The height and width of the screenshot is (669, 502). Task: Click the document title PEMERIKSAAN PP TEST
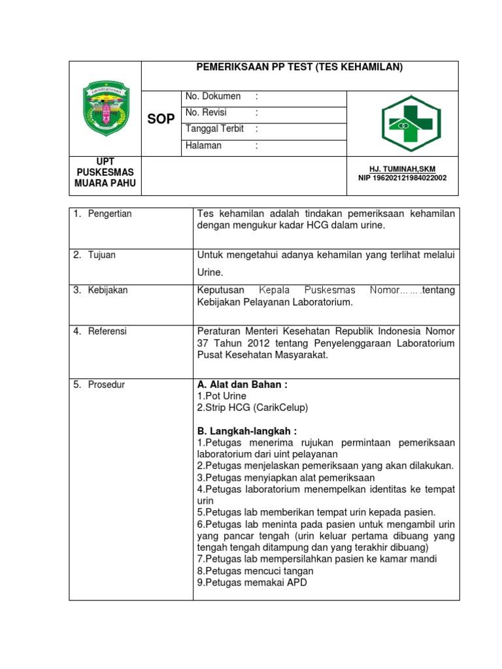click(300, 67)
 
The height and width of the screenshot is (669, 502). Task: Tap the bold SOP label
click(161, 119)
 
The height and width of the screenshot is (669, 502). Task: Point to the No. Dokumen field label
click(213, 97)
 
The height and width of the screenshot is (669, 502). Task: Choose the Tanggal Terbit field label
click(214, 129)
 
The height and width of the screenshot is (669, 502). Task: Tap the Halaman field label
click(203, 146)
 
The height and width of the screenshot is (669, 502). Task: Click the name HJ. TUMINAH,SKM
click(402, 169)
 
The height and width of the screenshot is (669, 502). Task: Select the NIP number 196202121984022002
click(402, 178)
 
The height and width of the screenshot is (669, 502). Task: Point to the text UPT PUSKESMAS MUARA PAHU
click(105, 172)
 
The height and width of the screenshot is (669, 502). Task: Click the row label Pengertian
click(110, 214)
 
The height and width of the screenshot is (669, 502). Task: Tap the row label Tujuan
click(102, 255)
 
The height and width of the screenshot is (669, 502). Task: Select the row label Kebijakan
click(108, 290)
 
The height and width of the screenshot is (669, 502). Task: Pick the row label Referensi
click(108, 331)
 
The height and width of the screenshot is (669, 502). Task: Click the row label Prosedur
click(107, 385)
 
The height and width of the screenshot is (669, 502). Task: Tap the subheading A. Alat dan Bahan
click(242, 385)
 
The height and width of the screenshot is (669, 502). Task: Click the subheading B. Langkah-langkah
click(246, 431)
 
